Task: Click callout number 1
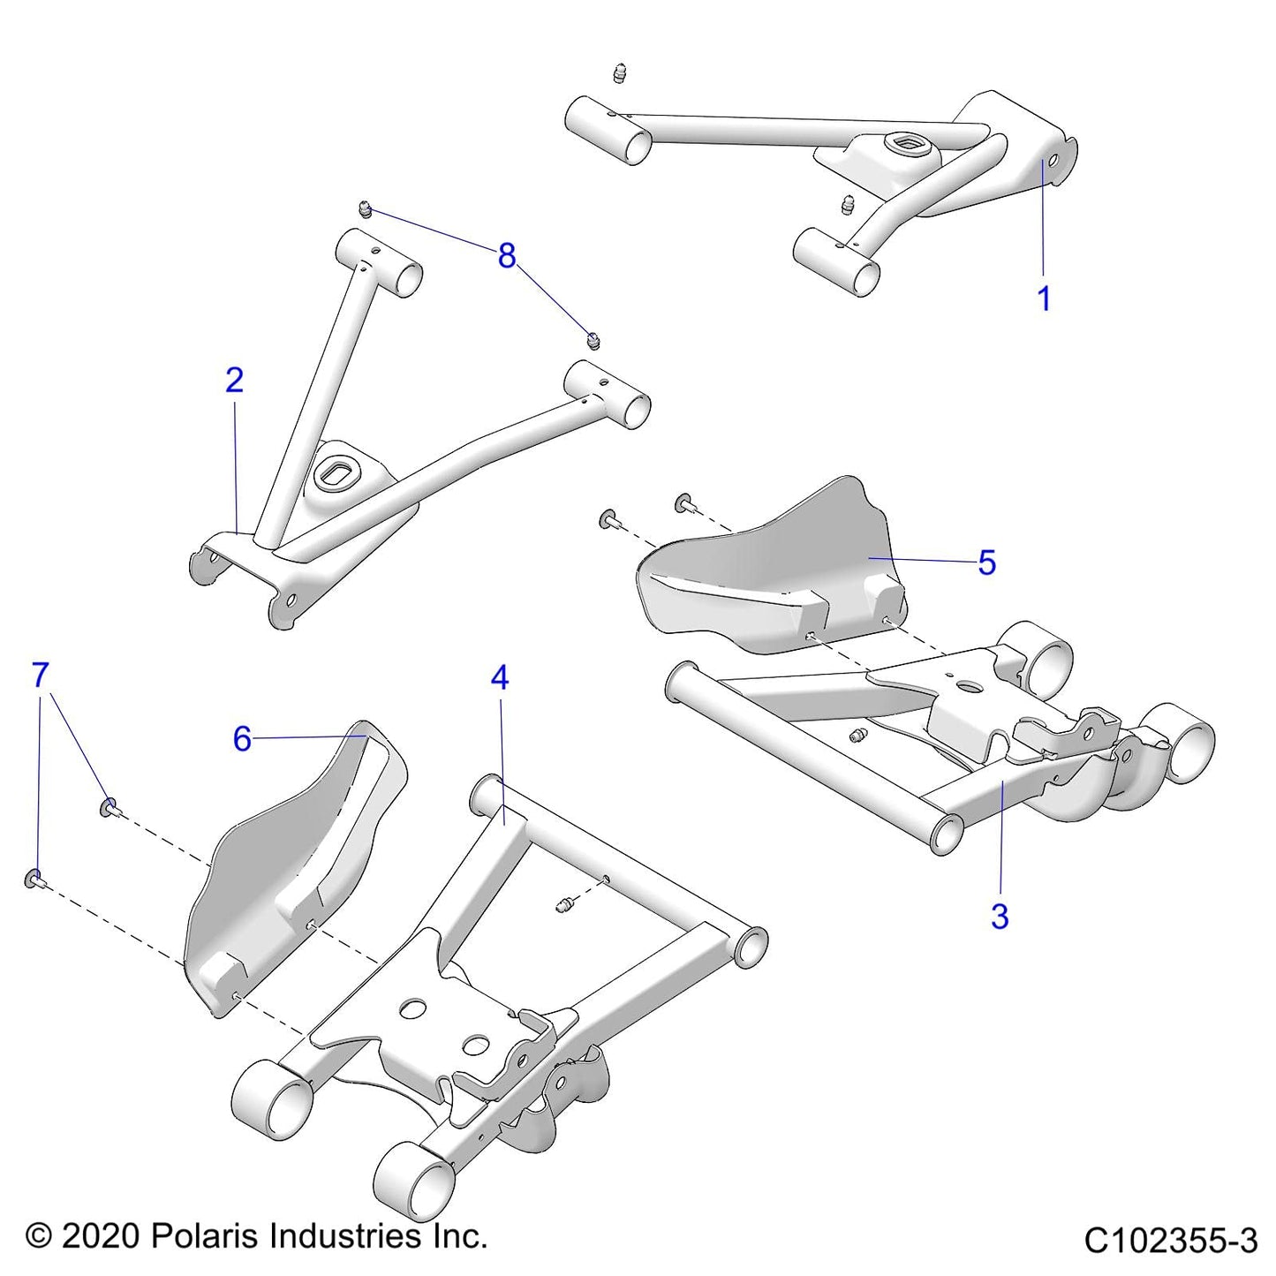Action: pyautogui.click(x=1044, y=298)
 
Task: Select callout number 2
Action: pyautogui.click(x=234, y=380)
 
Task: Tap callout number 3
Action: pyautogui.click(x=999, y=917)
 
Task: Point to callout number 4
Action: pyautogui.click(x=500, y=678)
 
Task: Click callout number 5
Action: pyautogui.click(x=987, y=562)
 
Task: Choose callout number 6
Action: pyautogui.click(x=242, y=738)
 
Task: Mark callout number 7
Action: pyautogui.click(x=40, y=676)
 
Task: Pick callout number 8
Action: pyautogui.click(x=506, y=256)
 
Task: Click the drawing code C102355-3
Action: pyautogui.click(x=1170, y=1241)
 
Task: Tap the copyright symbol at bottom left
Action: pyautogui.click(x=39, y=1236)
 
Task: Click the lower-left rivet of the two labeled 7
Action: pyautogui.click(x=34, y=879)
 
